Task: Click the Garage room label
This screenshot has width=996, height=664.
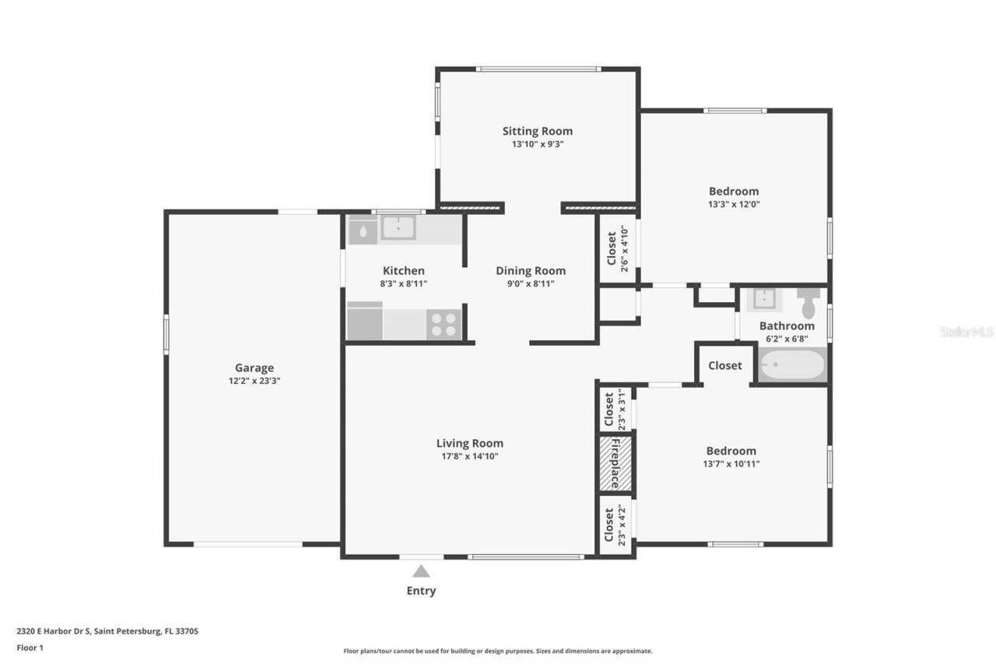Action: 254,368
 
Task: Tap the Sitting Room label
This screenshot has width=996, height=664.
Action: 537,131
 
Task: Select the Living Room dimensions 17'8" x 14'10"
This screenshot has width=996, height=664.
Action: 469,457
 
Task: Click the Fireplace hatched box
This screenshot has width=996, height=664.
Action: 615,464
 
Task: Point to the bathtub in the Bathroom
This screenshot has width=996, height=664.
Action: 792,364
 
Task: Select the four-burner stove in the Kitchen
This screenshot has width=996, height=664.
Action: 444,324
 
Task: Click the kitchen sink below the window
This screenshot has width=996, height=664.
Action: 398,227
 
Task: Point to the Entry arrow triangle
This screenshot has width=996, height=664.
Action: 421,571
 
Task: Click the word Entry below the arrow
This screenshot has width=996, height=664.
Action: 421,591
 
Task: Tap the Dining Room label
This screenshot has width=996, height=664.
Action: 531,271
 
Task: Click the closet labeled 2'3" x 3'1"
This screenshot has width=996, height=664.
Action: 615,409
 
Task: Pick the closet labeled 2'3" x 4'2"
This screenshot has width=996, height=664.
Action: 615,525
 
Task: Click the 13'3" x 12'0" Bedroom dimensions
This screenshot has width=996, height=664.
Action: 733,205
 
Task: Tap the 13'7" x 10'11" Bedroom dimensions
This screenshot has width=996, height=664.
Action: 731,464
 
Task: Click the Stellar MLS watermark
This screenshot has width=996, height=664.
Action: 966,332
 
